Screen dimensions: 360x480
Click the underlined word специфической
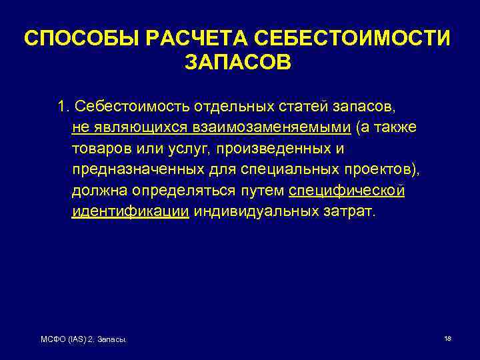coord(347,191)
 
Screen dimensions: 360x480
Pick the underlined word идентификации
coord(130,212)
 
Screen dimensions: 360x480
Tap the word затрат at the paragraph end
coord(353,212)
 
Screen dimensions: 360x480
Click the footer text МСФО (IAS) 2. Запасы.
coord(84,341)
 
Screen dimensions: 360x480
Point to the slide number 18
coord(447,339)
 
